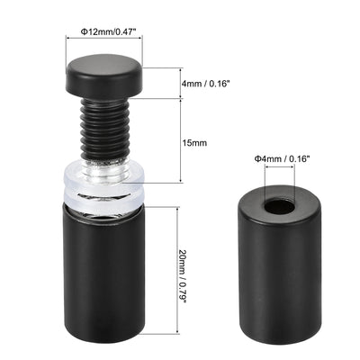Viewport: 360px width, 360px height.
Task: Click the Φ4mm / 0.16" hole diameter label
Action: [283, 160]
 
